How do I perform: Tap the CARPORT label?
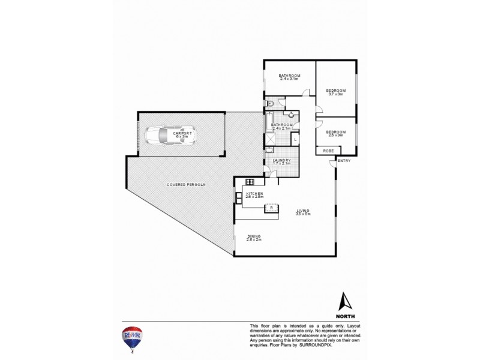[x=182, y=133]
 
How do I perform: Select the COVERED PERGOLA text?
[x=186, y=184]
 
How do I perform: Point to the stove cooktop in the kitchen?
[x=250, y=182]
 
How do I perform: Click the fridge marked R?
[x=272, y=208]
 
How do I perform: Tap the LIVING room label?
[x=302, y=210]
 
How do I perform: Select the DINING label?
[x=253, y=236]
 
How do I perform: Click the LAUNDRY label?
[x=281, y=160]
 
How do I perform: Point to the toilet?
[x=270, y=106]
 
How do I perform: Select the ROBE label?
[x=328, y=151]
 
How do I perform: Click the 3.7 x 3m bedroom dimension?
[x=335, y=94]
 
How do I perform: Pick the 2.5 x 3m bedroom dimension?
[x=335, y=135]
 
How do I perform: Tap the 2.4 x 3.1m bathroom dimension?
[x=289, y=79]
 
